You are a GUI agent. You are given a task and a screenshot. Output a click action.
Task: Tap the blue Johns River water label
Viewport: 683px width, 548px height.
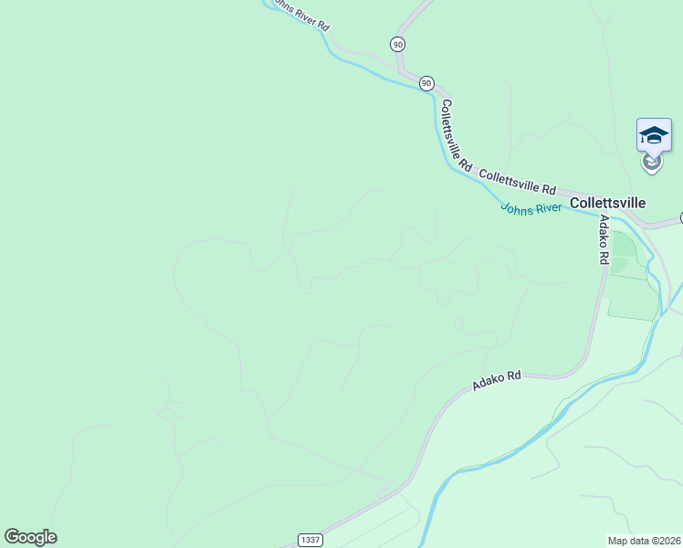point(532,208)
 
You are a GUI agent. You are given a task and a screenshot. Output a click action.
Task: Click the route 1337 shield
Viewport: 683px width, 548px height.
point(310,541)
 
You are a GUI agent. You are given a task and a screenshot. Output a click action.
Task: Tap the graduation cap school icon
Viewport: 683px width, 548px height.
point(654,135)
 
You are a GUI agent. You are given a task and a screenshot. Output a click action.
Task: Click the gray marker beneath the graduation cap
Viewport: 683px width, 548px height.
point(651,163)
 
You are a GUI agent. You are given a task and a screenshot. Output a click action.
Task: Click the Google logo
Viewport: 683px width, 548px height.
point(30,537)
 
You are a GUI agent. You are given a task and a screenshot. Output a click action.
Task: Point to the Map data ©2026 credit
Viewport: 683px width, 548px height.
point(645,541)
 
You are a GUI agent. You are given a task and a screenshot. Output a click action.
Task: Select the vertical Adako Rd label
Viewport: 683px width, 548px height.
point(603,239)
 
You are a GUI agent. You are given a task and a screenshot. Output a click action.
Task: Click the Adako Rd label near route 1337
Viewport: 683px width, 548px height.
point(496,381)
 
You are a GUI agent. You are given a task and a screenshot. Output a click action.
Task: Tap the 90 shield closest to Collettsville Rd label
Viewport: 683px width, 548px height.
point(426,83)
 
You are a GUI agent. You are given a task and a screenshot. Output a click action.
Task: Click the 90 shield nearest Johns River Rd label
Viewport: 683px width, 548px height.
point(397,44)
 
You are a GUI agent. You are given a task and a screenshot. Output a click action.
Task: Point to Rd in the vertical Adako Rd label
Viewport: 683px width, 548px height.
point(604,256)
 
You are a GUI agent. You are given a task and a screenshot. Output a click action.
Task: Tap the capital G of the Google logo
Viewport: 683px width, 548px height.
point(12,537)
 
